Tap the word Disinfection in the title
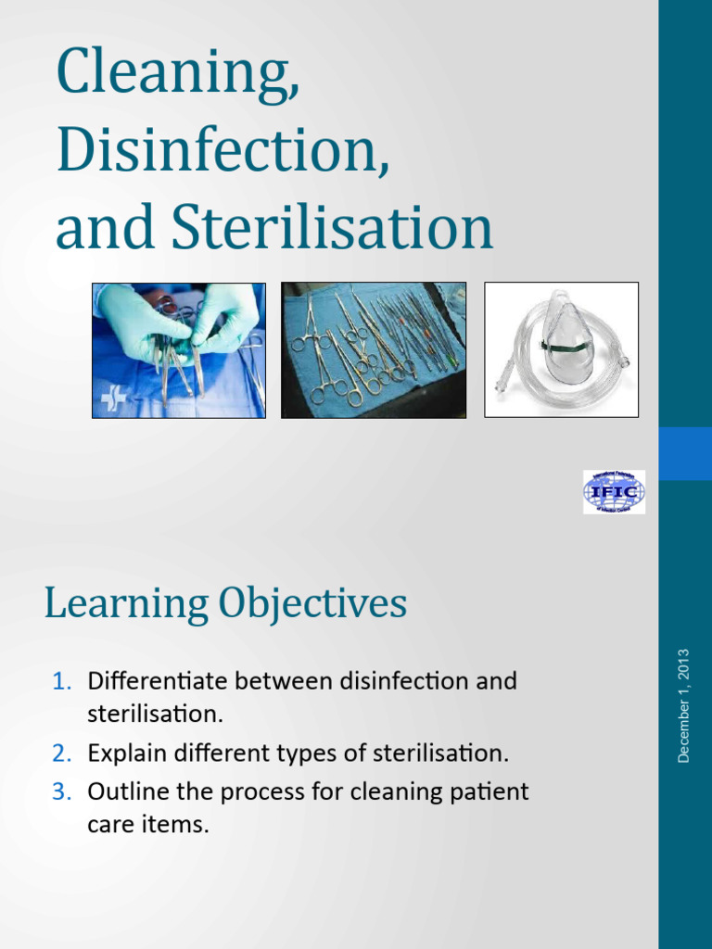tap(222, 154)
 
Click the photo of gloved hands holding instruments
tap(179, 350)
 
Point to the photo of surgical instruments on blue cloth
tap(374, 350)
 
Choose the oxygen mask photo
tap(562, 350)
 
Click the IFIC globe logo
tap(614, 492)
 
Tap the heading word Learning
tap(125, 605)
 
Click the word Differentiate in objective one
tap(158, 682)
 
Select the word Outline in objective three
tap(124, 792)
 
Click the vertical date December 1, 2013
tap(684, 706)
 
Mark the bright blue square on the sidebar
tap(685, 453)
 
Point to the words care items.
tap(148, 824)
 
